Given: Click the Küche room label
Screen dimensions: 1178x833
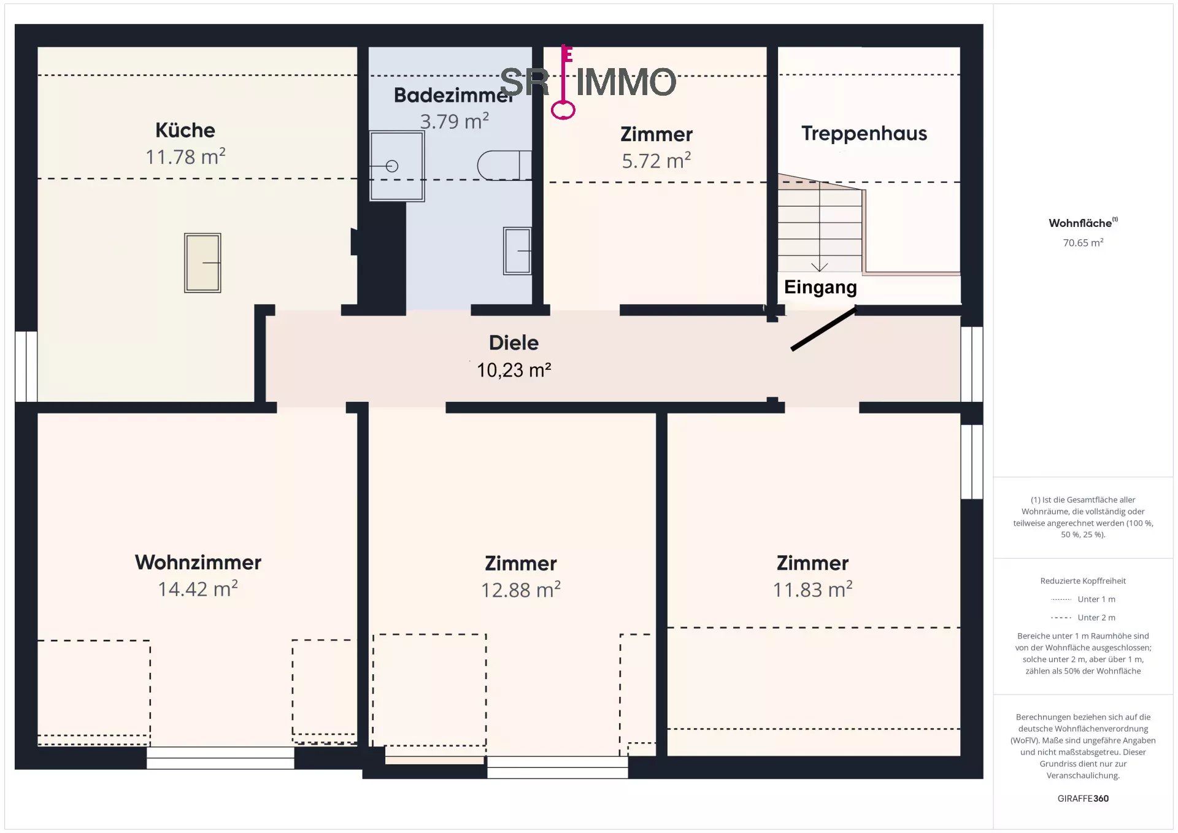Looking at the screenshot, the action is pyautogui.click(x=185, y=130).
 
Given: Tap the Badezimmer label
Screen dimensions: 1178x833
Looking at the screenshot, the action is pyautogui.click(x=453, y=95).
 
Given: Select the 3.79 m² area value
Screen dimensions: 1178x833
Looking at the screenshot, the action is pyautogui.click(x=454, y=121).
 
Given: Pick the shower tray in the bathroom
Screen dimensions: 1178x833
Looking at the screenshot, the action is pyautogui.click(x=397, y=166).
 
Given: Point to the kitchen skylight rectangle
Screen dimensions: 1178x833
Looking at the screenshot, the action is pyautogui.click(x=202, y=263).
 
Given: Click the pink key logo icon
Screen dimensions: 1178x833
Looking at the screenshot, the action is pyautogui.click(x=564, y=82).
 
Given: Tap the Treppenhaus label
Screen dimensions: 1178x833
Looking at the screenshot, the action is pyautogui.click(x=864, y=133).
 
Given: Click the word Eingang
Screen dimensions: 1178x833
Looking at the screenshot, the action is pyautogui.click(x=820, y=286).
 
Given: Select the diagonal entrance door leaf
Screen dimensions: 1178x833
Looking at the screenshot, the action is pyautogui.click(x=823, y=329).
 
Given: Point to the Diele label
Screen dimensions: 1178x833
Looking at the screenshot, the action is pyautogui.click(x=514, y=342).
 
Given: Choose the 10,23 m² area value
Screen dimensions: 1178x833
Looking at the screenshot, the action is pyautogui.click(x=514, y=370).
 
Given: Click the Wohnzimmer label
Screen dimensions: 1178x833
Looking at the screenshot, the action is pyautogui.click(x=198, y=562).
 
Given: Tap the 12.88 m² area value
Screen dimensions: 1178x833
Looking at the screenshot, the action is pyautogui.click(x=521, y=589).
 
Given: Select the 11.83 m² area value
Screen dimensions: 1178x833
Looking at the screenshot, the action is pyautogui.click(x=812, y=589).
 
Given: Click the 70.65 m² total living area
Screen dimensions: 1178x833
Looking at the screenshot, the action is pyautogui.click(x=1083, y=243).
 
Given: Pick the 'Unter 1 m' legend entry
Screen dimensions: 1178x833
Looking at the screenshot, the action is pyautogui.click(x=1083, y=599).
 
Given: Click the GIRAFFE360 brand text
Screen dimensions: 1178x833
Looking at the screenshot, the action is pyautogui.click(x=1083, y=798).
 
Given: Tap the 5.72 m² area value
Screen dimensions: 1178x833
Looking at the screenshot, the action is pyautogui.click(x=656, y=161).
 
